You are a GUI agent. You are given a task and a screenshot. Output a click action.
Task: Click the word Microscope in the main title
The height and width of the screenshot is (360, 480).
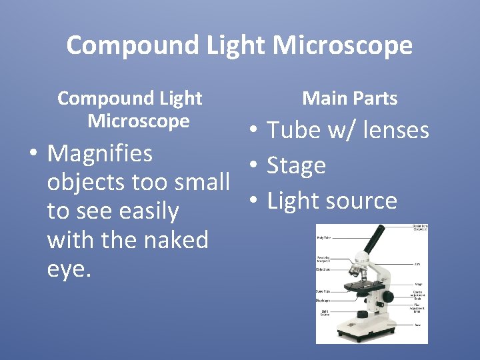click(343, 45)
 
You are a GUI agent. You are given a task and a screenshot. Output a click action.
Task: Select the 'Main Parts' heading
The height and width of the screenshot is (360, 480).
click(349, 99)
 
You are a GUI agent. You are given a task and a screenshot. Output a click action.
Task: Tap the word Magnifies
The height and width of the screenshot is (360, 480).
click(100, 154)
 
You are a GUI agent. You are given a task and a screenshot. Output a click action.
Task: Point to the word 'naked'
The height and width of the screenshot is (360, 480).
click(175, 239)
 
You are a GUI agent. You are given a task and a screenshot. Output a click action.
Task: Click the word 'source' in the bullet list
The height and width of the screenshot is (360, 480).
click(365, 201)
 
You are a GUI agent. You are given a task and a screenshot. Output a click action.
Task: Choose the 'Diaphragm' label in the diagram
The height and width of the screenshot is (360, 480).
click(323, 300)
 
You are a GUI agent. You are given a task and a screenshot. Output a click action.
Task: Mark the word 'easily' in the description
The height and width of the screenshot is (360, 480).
click(149, 211)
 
